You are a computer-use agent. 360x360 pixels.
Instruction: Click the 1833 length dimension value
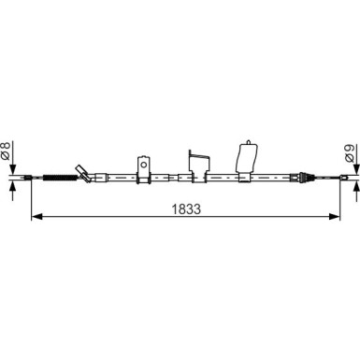187,209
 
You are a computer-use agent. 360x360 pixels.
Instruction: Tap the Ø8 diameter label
6,151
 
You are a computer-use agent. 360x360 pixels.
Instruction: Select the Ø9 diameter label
350,153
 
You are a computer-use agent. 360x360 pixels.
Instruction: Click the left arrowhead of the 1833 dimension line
36,216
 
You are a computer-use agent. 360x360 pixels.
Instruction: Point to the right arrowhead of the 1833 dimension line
335,216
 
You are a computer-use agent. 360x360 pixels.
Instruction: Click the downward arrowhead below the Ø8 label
12,169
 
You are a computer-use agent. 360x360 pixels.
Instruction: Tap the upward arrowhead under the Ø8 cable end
12,186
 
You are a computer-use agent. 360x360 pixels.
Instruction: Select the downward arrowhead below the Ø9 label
356,169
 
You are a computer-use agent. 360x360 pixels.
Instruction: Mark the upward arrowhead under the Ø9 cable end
356,186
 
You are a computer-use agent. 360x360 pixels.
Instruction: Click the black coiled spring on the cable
60,178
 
